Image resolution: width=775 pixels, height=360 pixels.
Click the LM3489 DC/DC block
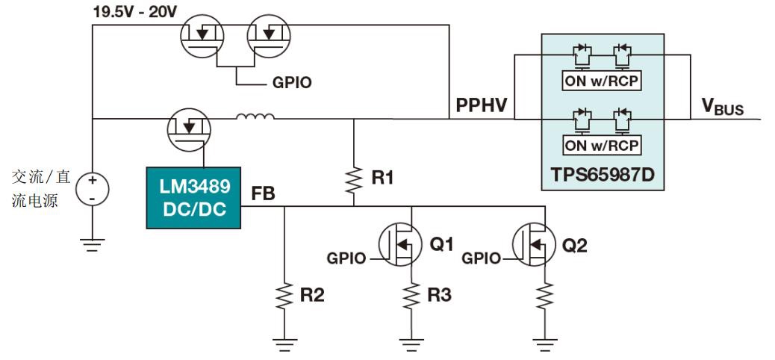(x=193, y=197)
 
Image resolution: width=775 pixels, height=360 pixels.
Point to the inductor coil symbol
(x=255, y=117)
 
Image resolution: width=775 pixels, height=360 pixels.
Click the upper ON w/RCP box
(x=603, y=81)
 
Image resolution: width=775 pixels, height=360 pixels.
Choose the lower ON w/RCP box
(x=603, y=144)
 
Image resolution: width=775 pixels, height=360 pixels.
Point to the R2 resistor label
(x=312, y=295)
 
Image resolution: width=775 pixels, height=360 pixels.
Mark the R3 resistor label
(x=439, y=295)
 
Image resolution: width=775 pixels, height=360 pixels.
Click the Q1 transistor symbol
(x=401, y=245)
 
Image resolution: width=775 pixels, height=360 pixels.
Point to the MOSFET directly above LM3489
(x=190, y=130)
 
